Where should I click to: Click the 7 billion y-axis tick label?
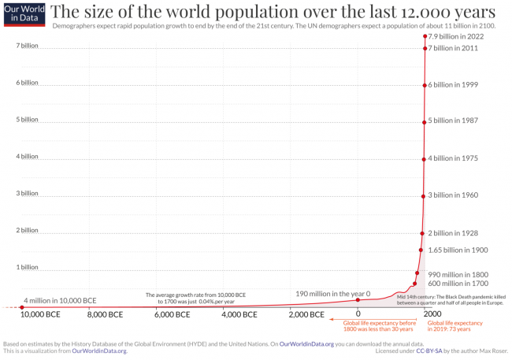pyautogui.click(x=27, y=46)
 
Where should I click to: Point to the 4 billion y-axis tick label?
pyautogui.click(x=27, y=156)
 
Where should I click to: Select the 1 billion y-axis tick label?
pyautogui.click(x=27, y=267)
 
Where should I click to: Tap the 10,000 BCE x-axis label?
pyautogui.click(x=39, y=314)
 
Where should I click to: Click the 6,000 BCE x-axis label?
pyautogui.click(x=172, y=314)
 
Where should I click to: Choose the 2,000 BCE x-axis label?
pyautogui.click(x=305, y=314)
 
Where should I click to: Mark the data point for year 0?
pyautogui.click(x=358, y=299)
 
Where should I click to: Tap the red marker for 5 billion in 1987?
pyautogui.click(x=425, y=121)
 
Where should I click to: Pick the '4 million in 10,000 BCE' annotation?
pyautogui.click(x=60, y=300)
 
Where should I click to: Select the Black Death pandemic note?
pyautogui.click(x=451, y=299)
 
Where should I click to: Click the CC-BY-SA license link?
pyautogui.click(x=432, y=351)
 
